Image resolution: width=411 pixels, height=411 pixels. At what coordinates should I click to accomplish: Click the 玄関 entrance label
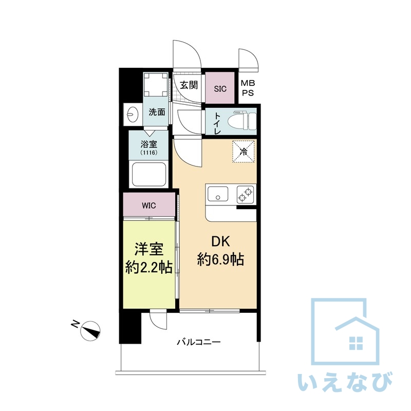point(189,85)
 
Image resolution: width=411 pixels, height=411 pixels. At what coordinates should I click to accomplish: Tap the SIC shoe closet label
point(220,89)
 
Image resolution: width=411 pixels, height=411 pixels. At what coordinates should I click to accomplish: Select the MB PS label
point(248,88)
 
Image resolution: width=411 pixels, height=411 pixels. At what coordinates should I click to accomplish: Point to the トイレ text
point(217,123)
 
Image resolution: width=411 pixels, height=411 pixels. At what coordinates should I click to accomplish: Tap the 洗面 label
point(157,112)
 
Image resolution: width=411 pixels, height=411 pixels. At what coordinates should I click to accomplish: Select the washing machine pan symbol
point(156,85)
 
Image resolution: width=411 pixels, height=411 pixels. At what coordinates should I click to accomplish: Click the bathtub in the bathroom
point(149,174)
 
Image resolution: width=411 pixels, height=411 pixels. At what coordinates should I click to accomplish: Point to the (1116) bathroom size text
point(148,153)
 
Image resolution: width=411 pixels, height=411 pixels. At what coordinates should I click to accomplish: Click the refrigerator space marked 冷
point(243,152)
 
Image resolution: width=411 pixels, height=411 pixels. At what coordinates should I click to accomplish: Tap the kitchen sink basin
point(217,194)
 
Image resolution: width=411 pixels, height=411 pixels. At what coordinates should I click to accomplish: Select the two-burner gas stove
point(246,195)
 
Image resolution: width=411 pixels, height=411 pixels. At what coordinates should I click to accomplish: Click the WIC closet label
point(149,206)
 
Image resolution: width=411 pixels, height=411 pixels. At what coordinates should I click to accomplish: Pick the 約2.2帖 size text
point(149,267)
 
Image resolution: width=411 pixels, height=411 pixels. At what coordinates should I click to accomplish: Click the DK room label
point(220,241)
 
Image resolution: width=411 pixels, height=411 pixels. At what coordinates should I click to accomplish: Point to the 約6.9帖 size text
point(220,259)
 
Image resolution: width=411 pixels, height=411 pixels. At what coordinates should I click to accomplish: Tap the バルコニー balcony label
point(199,342)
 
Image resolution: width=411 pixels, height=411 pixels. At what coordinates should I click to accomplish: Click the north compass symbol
point(90,330)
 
